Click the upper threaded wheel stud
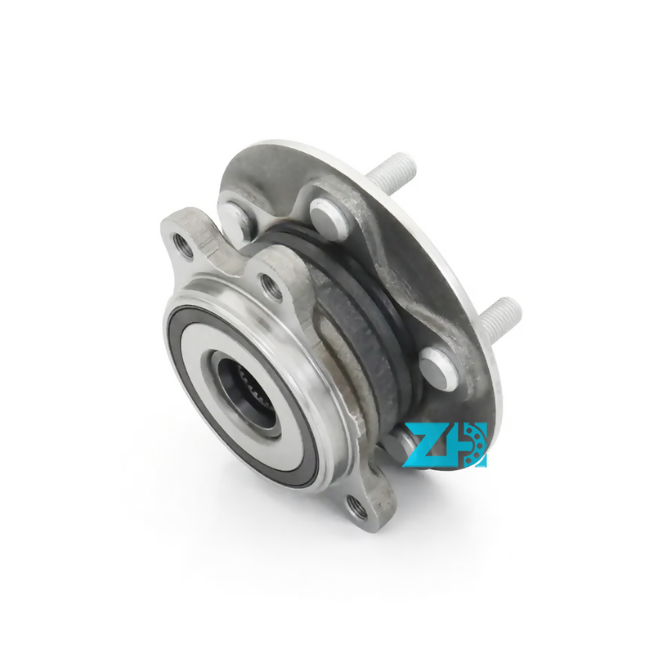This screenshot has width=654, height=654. click(x=392, y=172)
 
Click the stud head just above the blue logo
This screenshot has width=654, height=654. click(x=439, y=368)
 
